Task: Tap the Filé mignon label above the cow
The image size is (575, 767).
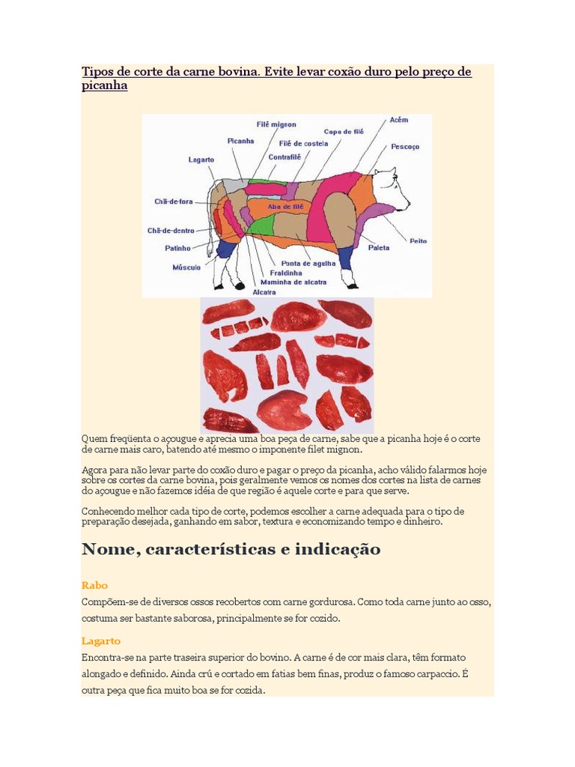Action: pyautogui.click(x=277, y=124)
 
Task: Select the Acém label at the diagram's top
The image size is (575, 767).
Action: pyautogui.click(x=399, y=120)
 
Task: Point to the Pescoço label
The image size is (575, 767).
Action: pyautogui.click(x=405, y=147)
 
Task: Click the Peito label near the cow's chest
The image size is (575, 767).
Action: pyautogui.click(x=418, y=240)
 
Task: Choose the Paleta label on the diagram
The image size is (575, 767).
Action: pyautogui.click(x=379, y=247)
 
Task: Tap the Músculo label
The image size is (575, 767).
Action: pyautogui.click(x=186, y=267)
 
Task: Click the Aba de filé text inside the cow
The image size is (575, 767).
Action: pyautogui.click(x=285, y=205)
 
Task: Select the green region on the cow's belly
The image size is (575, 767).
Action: pyautogui.click(x=261, y=224)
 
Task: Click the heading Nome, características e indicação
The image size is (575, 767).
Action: pyautogui.click(x=231, y=550)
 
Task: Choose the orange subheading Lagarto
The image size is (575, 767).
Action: pyautogui.click(x=101, y=641)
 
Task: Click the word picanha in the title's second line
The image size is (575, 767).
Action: pyautogui.click(x=104, y=86)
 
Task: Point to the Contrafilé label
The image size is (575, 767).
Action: pyautogui.click(x=285, y=157)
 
